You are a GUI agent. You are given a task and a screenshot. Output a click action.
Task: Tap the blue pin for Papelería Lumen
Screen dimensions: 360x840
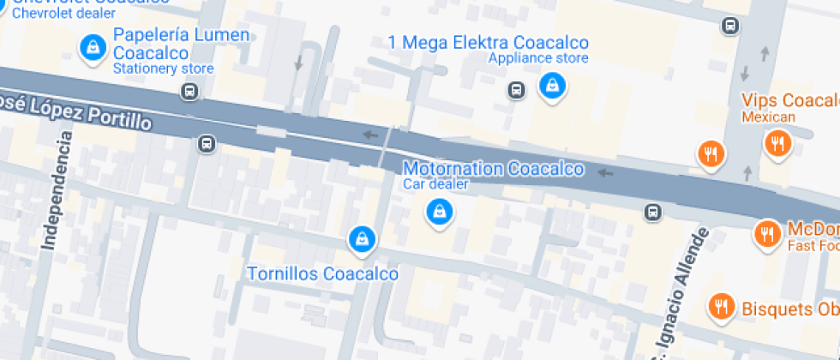[x=91, y=48]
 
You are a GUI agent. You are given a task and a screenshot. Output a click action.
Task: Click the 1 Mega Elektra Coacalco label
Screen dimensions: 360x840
[x=488, y=43]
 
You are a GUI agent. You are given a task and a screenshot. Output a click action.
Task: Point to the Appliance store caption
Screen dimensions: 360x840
[x=538, y=58]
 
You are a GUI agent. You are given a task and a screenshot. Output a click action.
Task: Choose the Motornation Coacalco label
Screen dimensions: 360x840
[x=494, y=169]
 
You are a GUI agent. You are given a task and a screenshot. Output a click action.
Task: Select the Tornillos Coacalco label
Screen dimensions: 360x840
[x=322, y=274]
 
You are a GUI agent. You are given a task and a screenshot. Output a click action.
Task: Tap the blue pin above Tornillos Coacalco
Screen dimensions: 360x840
[x=363, y=239]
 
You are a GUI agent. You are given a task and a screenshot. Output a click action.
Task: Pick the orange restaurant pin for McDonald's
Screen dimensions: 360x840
[x=766, y=232]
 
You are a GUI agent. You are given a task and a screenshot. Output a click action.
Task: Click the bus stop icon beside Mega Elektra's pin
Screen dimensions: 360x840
[x=516, y=89]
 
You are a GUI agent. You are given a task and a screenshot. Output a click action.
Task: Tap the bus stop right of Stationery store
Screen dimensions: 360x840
[x=191, y=91]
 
